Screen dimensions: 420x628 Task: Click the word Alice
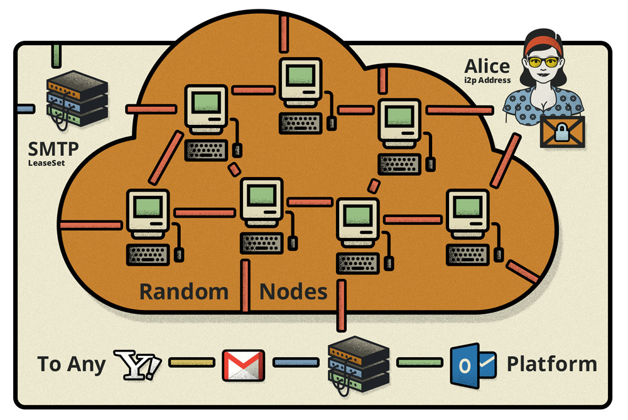click(487, 66)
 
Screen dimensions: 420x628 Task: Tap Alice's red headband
click(543, 43)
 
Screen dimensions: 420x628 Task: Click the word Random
click(183, 291)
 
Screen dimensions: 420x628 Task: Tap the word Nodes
click(293, 291)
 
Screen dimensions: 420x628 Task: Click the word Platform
click(551, 364)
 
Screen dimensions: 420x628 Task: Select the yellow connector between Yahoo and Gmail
click(191, 362)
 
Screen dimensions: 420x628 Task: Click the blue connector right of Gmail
click(296, 362)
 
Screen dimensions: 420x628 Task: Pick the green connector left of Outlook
click(419, 362)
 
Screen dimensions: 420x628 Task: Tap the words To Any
click(71, 365)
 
